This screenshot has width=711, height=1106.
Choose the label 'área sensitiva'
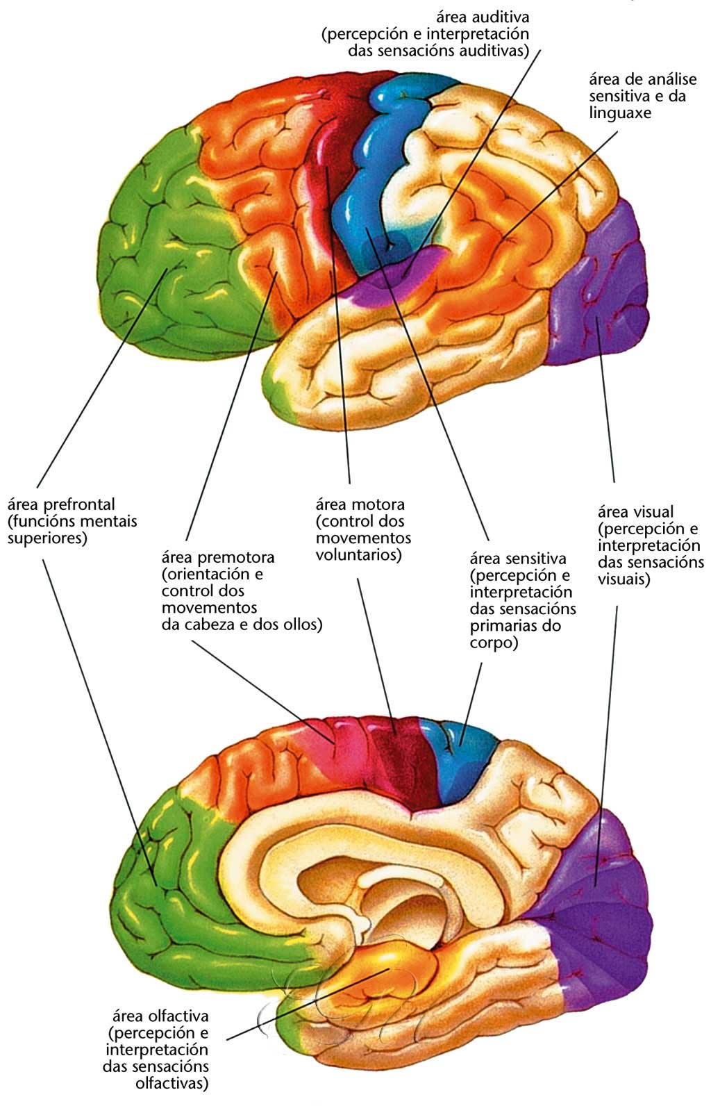coord(518,558)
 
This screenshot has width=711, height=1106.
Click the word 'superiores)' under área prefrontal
coord(47,538)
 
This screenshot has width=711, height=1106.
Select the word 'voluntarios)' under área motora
coord(358,554)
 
